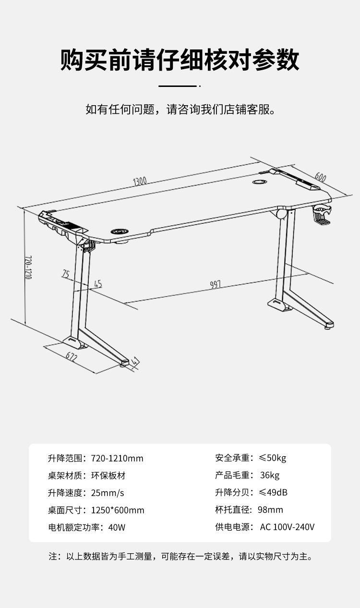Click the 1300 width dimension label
(140, 182)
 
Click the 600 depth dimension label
(321, 178)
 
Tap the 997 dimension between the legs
(215, 285)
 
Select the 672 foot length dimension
(72, 357)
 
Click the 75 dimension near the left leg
(66, 274)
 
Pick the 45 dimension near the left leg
(98, 284)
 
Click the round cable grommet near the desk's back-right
(260, 182)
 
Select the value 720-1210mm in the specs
(117, 458)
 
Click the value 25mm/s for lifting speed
(107, 493)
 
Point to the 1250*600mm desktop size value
(118, 510)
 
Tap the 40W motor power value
(117, 527)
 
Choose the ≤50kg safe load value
(272, 458)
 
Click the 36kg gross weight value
(269, 475)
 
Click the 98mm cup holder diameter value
(270, 510)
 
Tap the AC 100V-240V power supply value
(287, 527)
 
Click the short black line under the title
(178, 86)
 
